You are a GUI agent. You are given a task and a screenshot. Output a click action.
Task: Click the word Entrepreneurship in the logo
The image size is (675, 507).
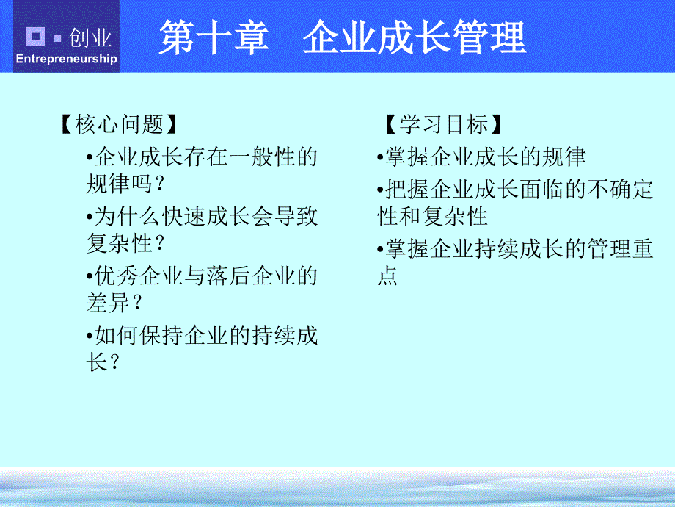click(x=66, y=58)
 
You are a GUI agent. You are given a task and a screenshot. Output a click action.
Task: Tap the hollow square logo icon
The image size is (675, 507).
click(x=36, y=36)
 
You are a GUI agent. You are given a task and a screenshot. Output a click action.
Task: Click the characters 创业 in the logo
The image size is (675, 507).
click(x=90, y=38)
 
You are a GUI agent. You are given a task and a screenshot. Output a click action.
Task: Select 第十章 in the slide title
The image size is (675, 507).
click(x=214, y=37)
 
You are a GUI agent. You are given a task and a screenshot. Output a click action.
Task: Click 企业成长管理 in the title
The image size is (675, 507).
click(x=414, y=37)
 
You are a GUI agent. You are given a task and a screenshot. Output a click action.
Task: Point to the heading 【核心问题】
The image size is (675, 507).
click(x=119, y=124)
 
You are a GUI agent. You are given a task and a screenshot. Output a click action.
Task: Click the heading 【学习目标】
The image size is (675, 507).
click(x=443, y=124)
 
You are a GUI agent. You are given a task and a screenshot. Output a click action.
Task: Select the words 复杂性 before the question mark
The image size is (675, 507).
click(x=120, y=243)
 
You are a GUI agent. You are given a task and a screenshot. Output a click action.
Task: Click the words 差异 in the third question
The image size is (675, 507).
click(x=108, y=303)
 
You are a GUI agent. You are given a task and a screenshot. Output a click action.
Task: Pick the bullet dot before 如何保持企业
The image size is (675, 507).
click(x=90, y=336)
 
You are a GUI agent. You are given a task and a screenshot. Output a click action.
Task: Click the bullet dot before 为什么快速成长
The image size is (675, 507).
click(x=90, y=217)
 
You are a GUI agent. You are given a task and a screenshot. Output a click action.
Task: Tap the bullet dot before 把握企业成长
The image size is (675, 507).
click(x=380, y=190)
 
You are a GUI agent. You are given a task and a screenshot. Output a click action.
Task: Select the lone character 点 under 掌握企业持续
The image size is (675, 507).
click(x=387, y=276)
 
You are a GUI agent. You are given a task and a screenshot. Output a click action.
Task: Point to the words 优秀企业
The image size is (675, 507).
click(x=139, y=276)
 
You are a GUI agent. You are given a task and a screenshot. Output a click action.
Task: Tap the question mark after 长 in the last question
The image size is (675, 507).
click(x=114, y=363)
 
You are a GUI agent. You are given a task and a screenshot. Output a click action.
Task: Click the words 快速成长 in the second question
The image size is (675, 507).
click(x=205, y=217)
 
